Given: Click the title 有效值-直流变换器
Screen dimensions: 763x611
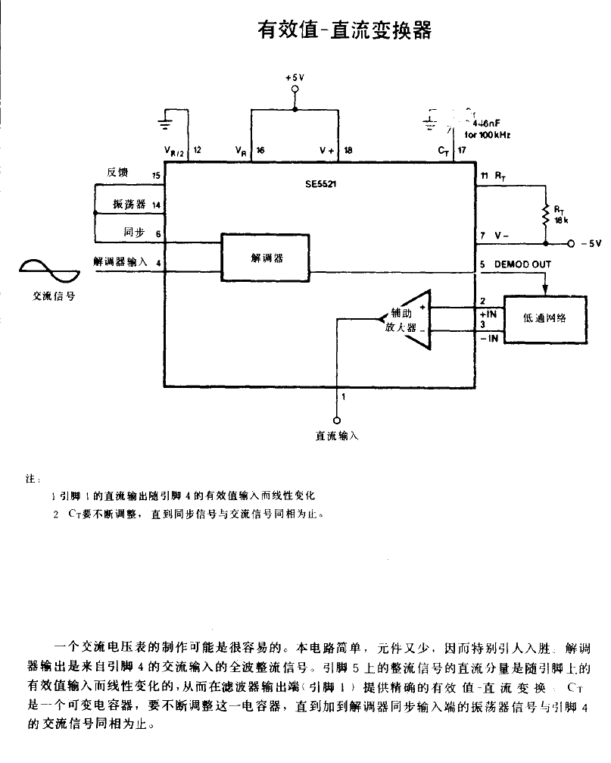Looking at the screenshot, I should point(344,30).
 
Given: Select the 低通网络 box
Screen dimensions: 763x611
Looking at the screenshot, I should point(544,317).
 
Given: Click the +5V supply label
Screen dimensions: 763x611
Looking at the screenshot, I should point(295,78).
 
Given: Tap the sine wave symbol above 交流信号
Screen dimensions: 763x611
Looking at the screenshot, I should point(48,269).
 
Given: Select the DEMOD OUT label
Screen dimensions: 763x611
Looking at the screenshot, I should point(522,264).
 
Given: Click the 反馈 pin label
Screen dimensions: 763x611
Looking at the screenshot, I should point(117,173).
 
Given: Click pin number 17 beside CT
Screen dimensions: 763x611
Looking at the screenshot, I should point(460,151).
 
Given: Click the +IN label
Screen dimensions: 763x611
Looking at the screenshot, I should point(488,312).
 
